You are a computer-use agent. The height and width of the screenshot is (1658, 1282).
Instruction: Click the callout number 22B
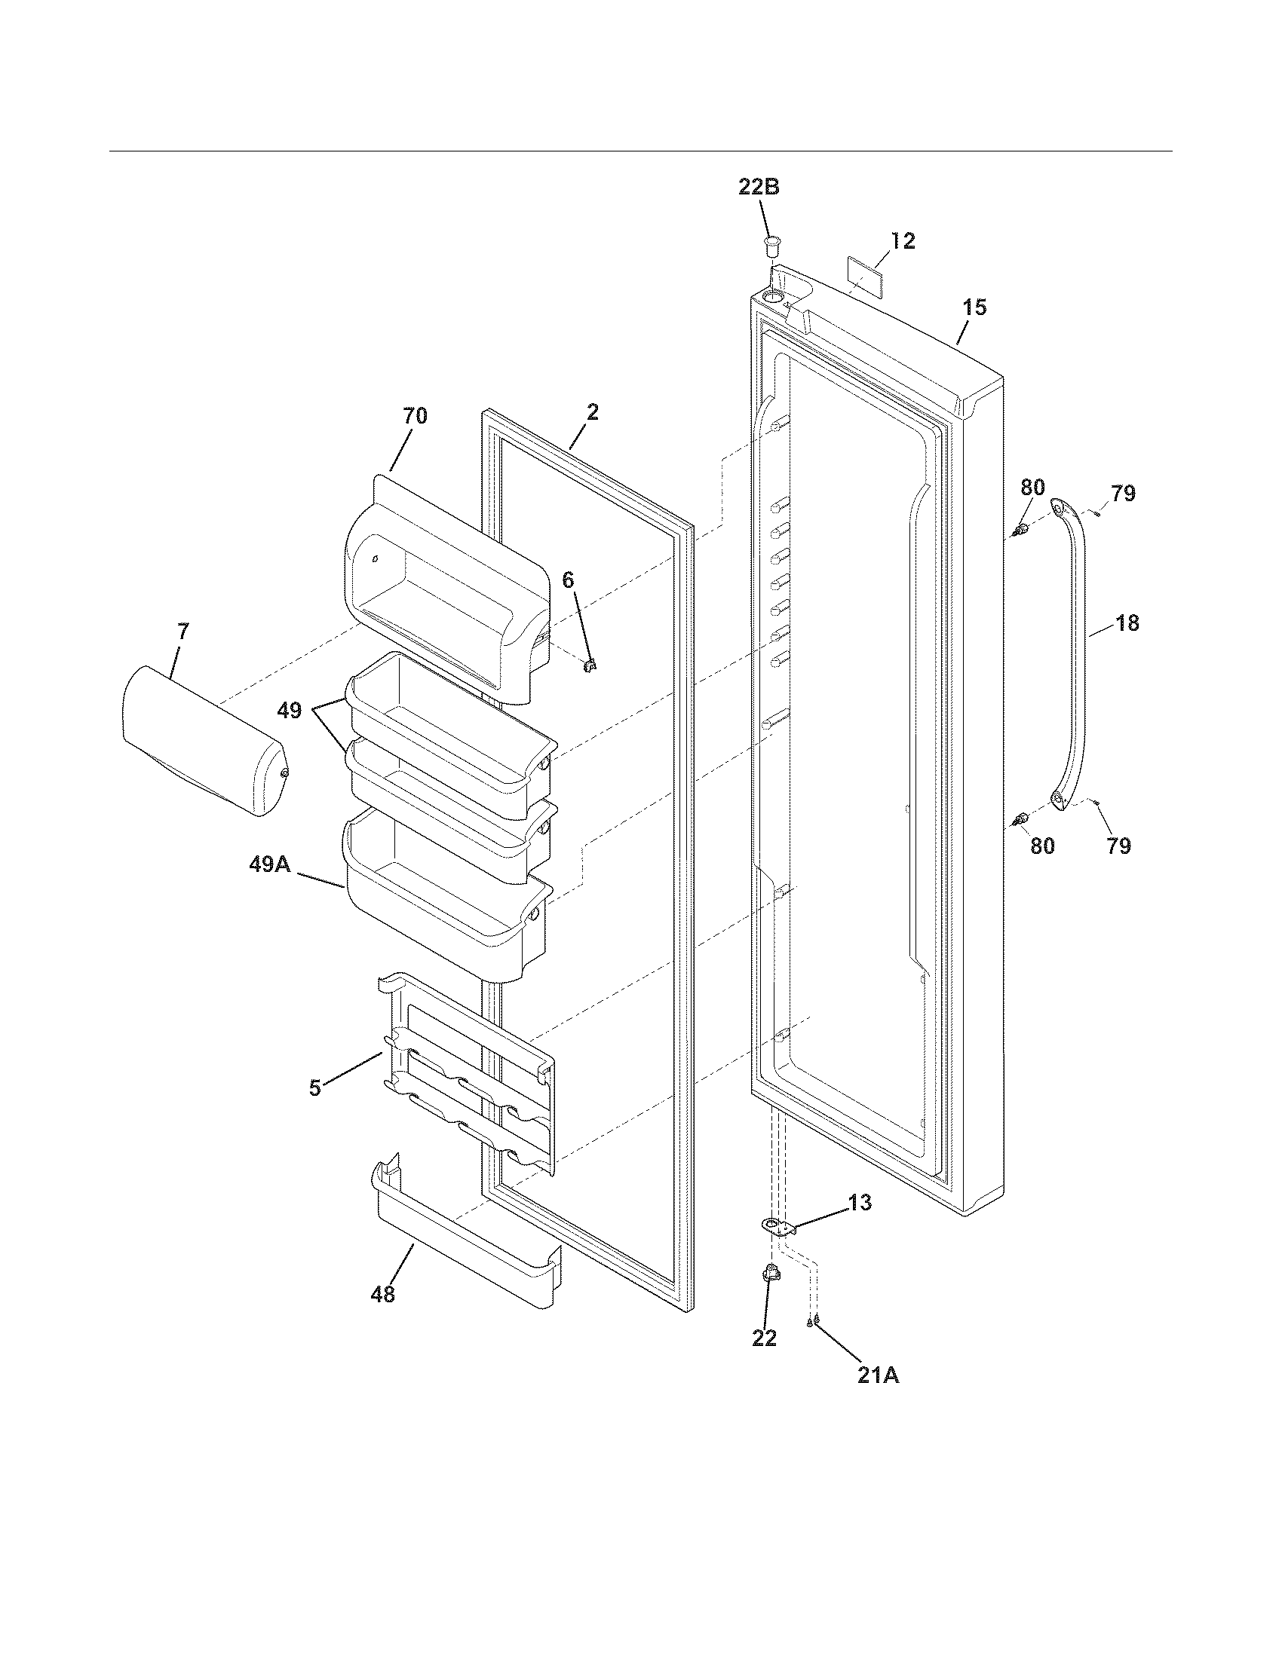point(759,188)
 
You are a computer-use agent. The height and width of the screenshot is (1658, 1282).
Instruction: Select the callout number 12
point(903,240)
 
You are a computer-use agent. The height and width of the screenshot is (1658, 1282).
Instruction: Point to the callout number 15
point(975,307)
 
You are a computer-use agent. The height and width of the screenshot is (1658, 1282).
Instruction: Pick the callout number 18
point(1128,623)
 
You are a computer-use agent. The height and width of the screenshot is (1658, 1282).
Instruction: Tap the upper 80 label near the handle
point(1032,488)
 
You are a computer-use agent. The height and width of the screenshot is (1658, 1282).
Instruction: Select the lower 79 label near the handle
point(1118,846)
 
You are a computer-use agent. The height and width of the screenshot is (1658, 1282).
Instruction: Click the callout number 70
point(415,415)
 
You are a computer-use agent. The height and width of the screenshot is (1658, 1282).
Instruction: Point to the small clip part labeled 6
point(590,665)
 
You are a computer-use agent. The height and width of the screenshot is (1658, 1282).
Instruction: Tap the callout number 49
point(289,711)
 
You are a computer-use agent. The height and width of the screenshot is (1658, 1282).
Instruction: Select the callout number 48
point(384,1294)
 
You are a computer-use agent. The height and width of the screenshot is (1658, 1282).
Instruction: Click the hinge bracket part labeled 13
point(776,1225)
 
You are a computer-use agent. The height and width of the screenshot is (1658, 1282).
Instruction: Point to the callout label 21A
point(878,1375)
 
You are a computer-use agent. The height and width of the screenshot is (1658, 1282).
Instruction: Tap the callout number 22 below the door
point(764,1338)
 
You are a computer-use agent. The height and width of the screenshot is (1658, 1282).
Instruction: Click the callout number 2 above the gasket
point(592,411)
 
